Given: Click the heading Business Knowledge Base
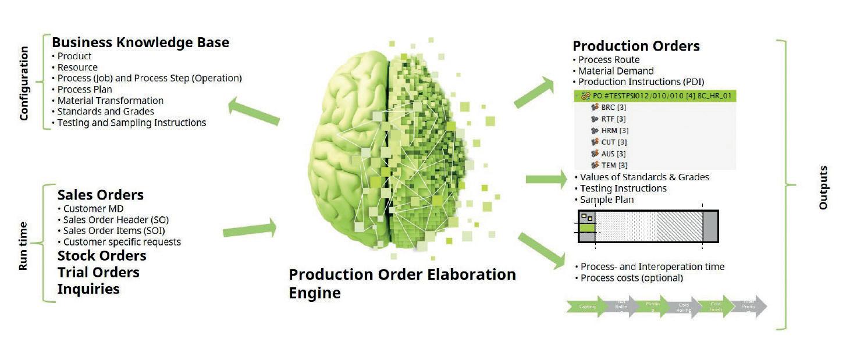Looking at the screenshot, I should [x=140, y=42].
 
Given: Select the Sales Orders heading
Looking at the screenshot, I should [x=100, y=194].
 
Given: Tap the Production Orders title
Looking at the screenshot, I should [x=636, y=46].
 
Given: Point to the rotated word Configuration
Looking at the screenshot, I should [x=24, y=83].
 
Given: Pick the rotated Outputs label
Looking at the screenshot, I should [x=823, y=187].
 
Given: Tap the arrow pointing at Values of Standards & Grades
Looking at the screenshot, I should [x=546, y=178].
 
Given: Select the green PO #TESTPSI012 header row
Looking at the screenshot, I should [x=655, y=96].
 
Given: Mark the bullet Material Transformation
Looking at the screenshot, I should [x=111, y=101].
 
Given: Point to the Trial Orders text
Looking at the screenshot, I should [x=98, y=272].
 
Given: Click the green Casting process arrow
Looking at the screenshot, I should [x=588, y=307].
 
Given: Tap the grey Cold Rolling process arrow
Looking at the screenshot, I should [x=684, y=307].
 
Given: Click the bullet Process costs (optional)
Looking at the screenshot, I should [x=631, y=278].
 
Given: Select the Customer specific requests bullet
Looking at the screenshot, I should [x=122, y=242].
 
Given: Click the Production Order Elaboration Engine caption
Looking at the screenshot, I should [x=401, y=283].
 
